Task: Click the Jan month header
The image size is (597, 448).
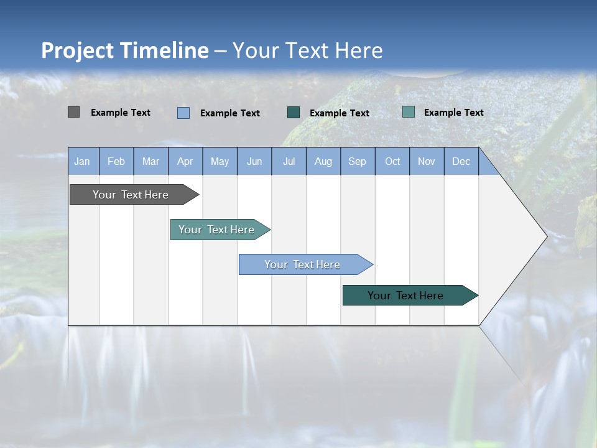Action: [82, 161]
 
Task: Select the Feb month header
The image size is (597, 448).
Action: [116, 161]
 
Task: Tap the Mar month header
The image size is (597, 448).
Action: [150, 161]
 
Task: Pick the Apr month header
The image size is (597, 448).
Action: [185, 161]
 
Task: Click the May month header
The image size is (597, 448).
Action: [220, 161]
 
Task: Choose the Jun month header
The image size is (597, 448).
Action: [254, 161]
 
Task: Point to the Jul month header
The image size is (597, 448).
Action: [289, 161]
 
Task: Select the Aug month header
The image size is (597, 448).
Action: [323, 161]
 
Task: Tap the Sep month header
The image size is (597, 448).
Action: [358, 161]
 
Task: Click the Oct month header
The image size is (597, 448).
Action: [392, 161]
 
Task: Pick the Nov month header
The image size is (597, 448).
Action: [427, 161]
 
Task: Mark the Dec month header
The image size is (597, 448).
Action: [461, 161]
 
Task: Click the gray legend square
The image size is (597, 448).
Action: [74, 112]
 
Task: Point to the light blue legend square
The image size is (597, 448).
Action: [183, 113]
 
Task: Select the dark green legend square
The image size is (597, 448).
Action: [294, 113]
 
